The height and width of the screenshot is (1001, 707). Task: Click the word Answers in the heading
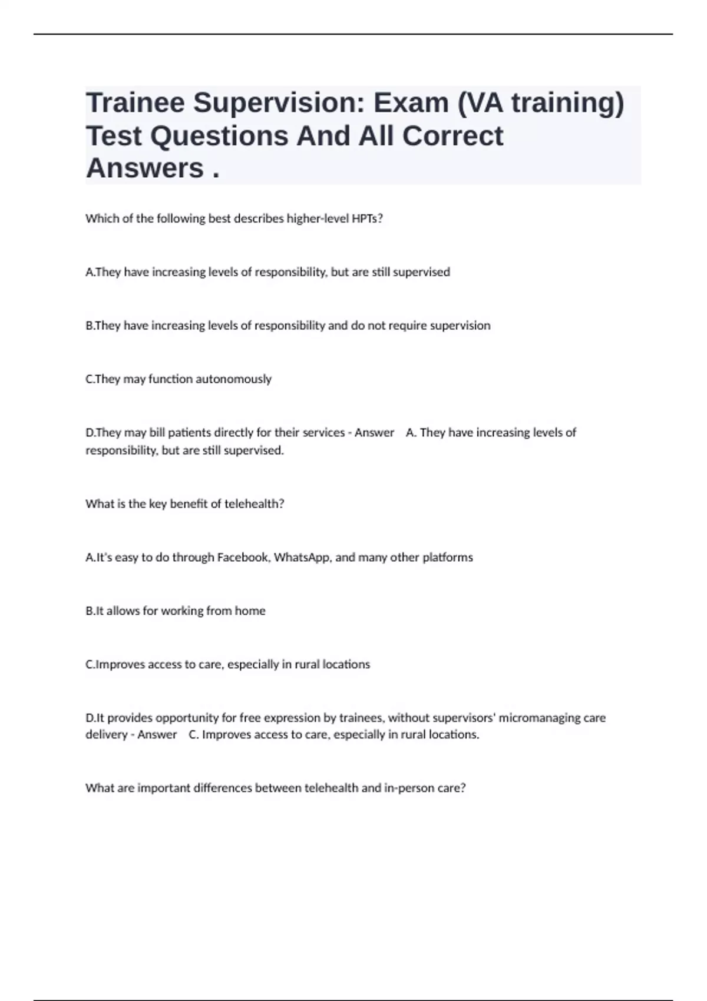point(145,168)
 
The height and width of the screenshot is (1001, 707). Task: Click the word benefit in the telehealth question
point(185,504)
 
